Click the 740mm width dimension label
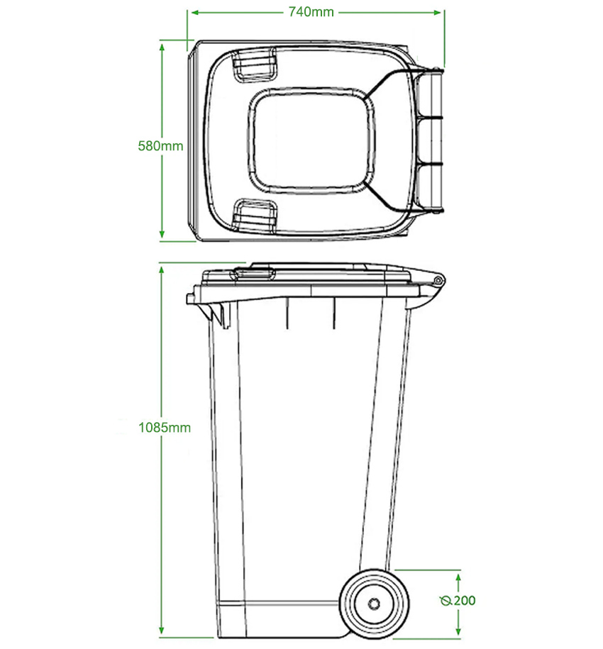click(x=311, y=11)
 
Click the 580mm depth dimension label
click(x=161, y=146)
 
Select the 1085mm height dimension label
click(x=165, y=428)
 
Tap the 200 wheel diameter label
click(x=465, y=601)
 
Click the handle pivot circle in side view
click(x=438, y=281)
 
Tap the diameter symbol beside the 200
click(x=446, y=601)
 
